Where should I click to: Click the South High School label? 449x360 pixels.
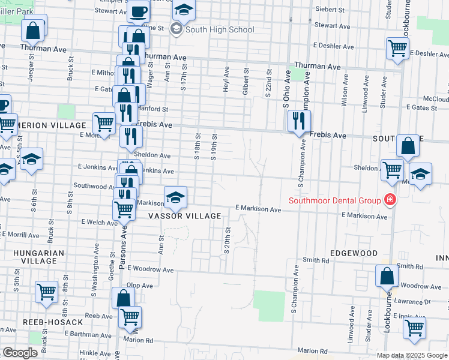(x=220, y=29)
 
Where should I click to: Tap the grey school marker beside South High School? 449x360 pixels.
(x=176, y=29)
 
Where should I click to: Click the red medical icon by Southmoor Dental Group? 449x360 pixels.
(x=390, y=200)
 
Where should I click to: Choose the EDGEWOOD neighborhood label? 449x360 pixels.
(x=353, y=253)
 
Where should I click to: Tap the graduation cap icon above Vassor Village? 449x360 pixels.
(x=175, y=197)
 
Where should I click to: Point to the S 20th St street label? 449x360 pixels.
(x=228, y=240)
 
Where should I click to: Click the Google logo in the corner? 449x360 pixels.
(x=20, y=353)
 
